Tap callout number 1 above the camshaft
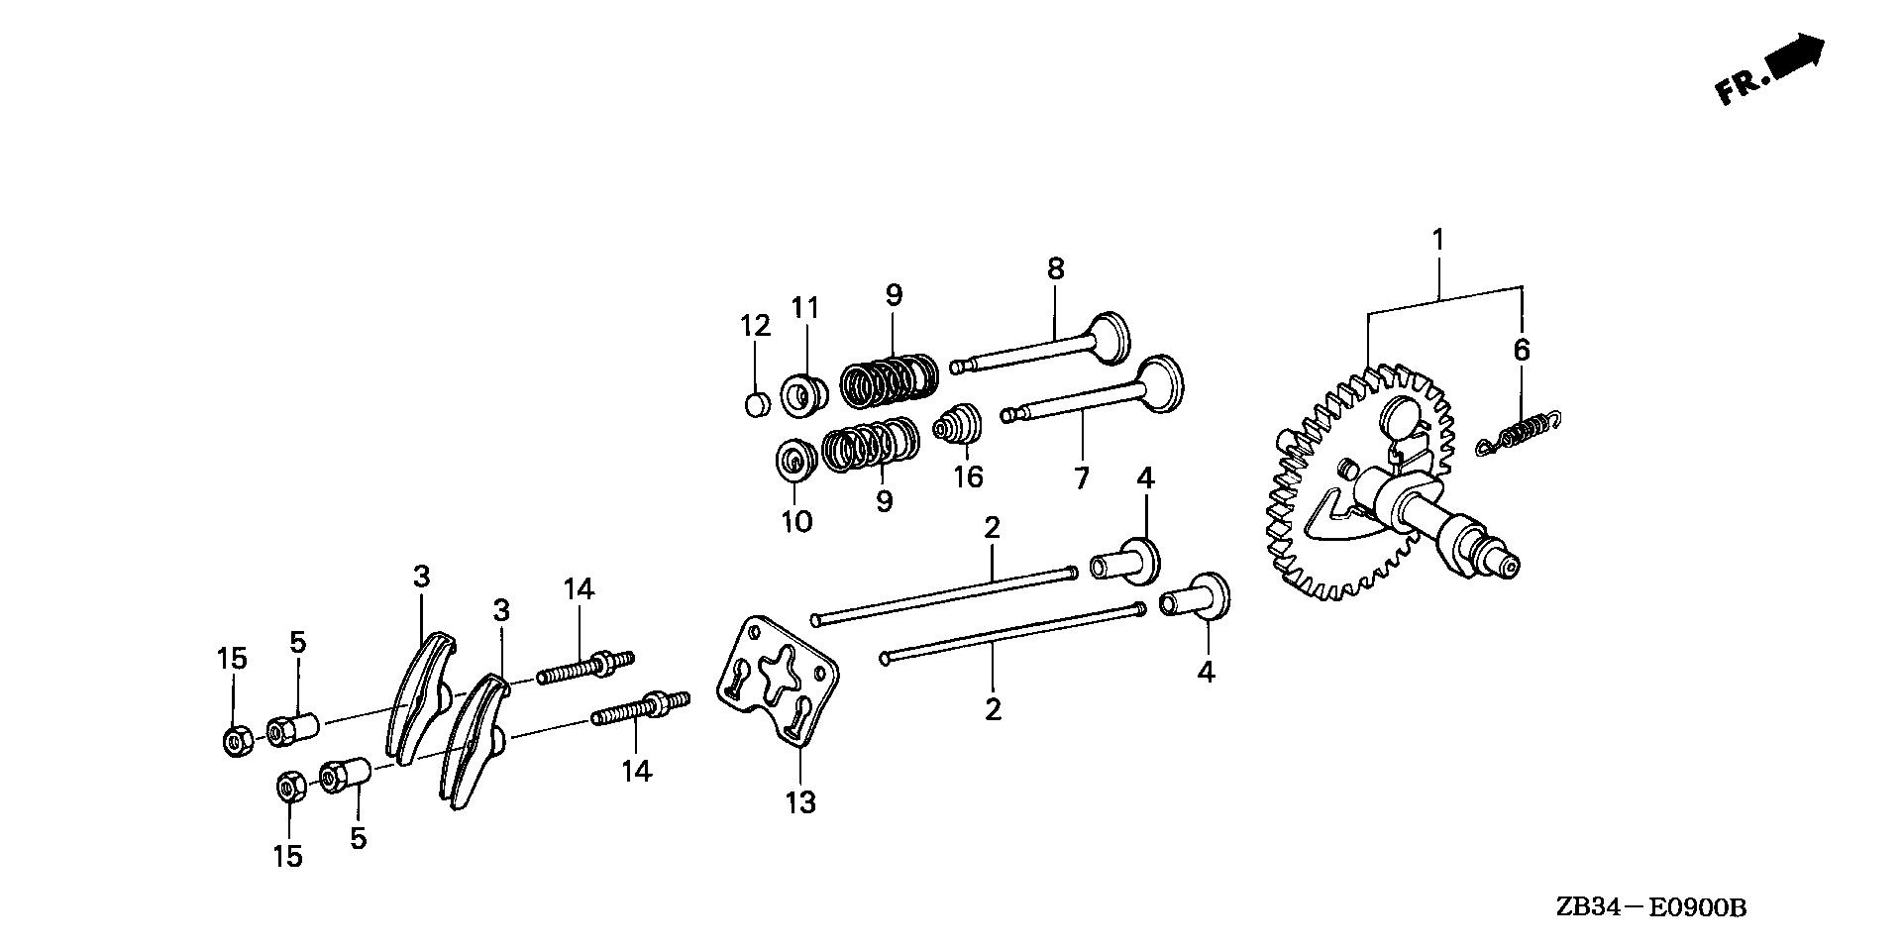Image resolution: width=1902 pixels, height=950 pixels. (x=1437, y=241)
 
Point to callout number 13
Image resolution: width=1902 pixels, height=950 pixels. (x=800, y=801)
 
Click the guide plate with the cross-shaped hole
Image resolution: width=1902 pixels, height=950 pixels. (x=779, y=684)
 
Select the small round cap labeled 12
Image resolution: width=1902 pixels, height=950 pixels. (x=756, y=404)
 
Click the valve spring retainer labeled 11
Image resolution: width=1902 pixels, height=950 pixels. (x=803, y=393)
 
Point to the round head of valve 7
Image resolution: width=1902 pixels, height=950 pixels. (x=1160, y=383)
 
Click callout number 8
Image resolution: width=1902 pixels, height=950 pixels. (x=1055, y=267)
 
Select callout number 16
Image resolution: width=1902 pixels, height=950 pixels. (x=968, y=477)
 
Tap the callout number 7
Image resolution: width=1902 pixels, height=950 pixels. (x=1081, y=477)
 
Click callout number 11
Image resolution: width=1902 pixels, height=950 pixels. (x=805, y=308)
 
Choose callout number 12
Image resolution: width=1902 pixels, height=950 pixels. (x=755, y=325)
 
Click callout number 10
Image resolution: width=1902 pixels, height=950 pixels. (x=796, y=521)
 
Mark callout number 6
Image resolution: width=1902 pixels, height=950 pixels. (x=1522, y=350)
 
